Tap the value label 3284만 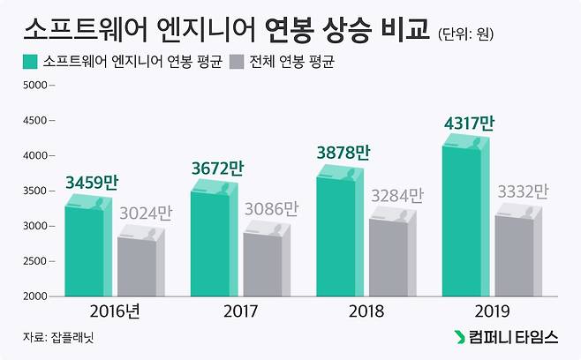coord(398,196)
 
